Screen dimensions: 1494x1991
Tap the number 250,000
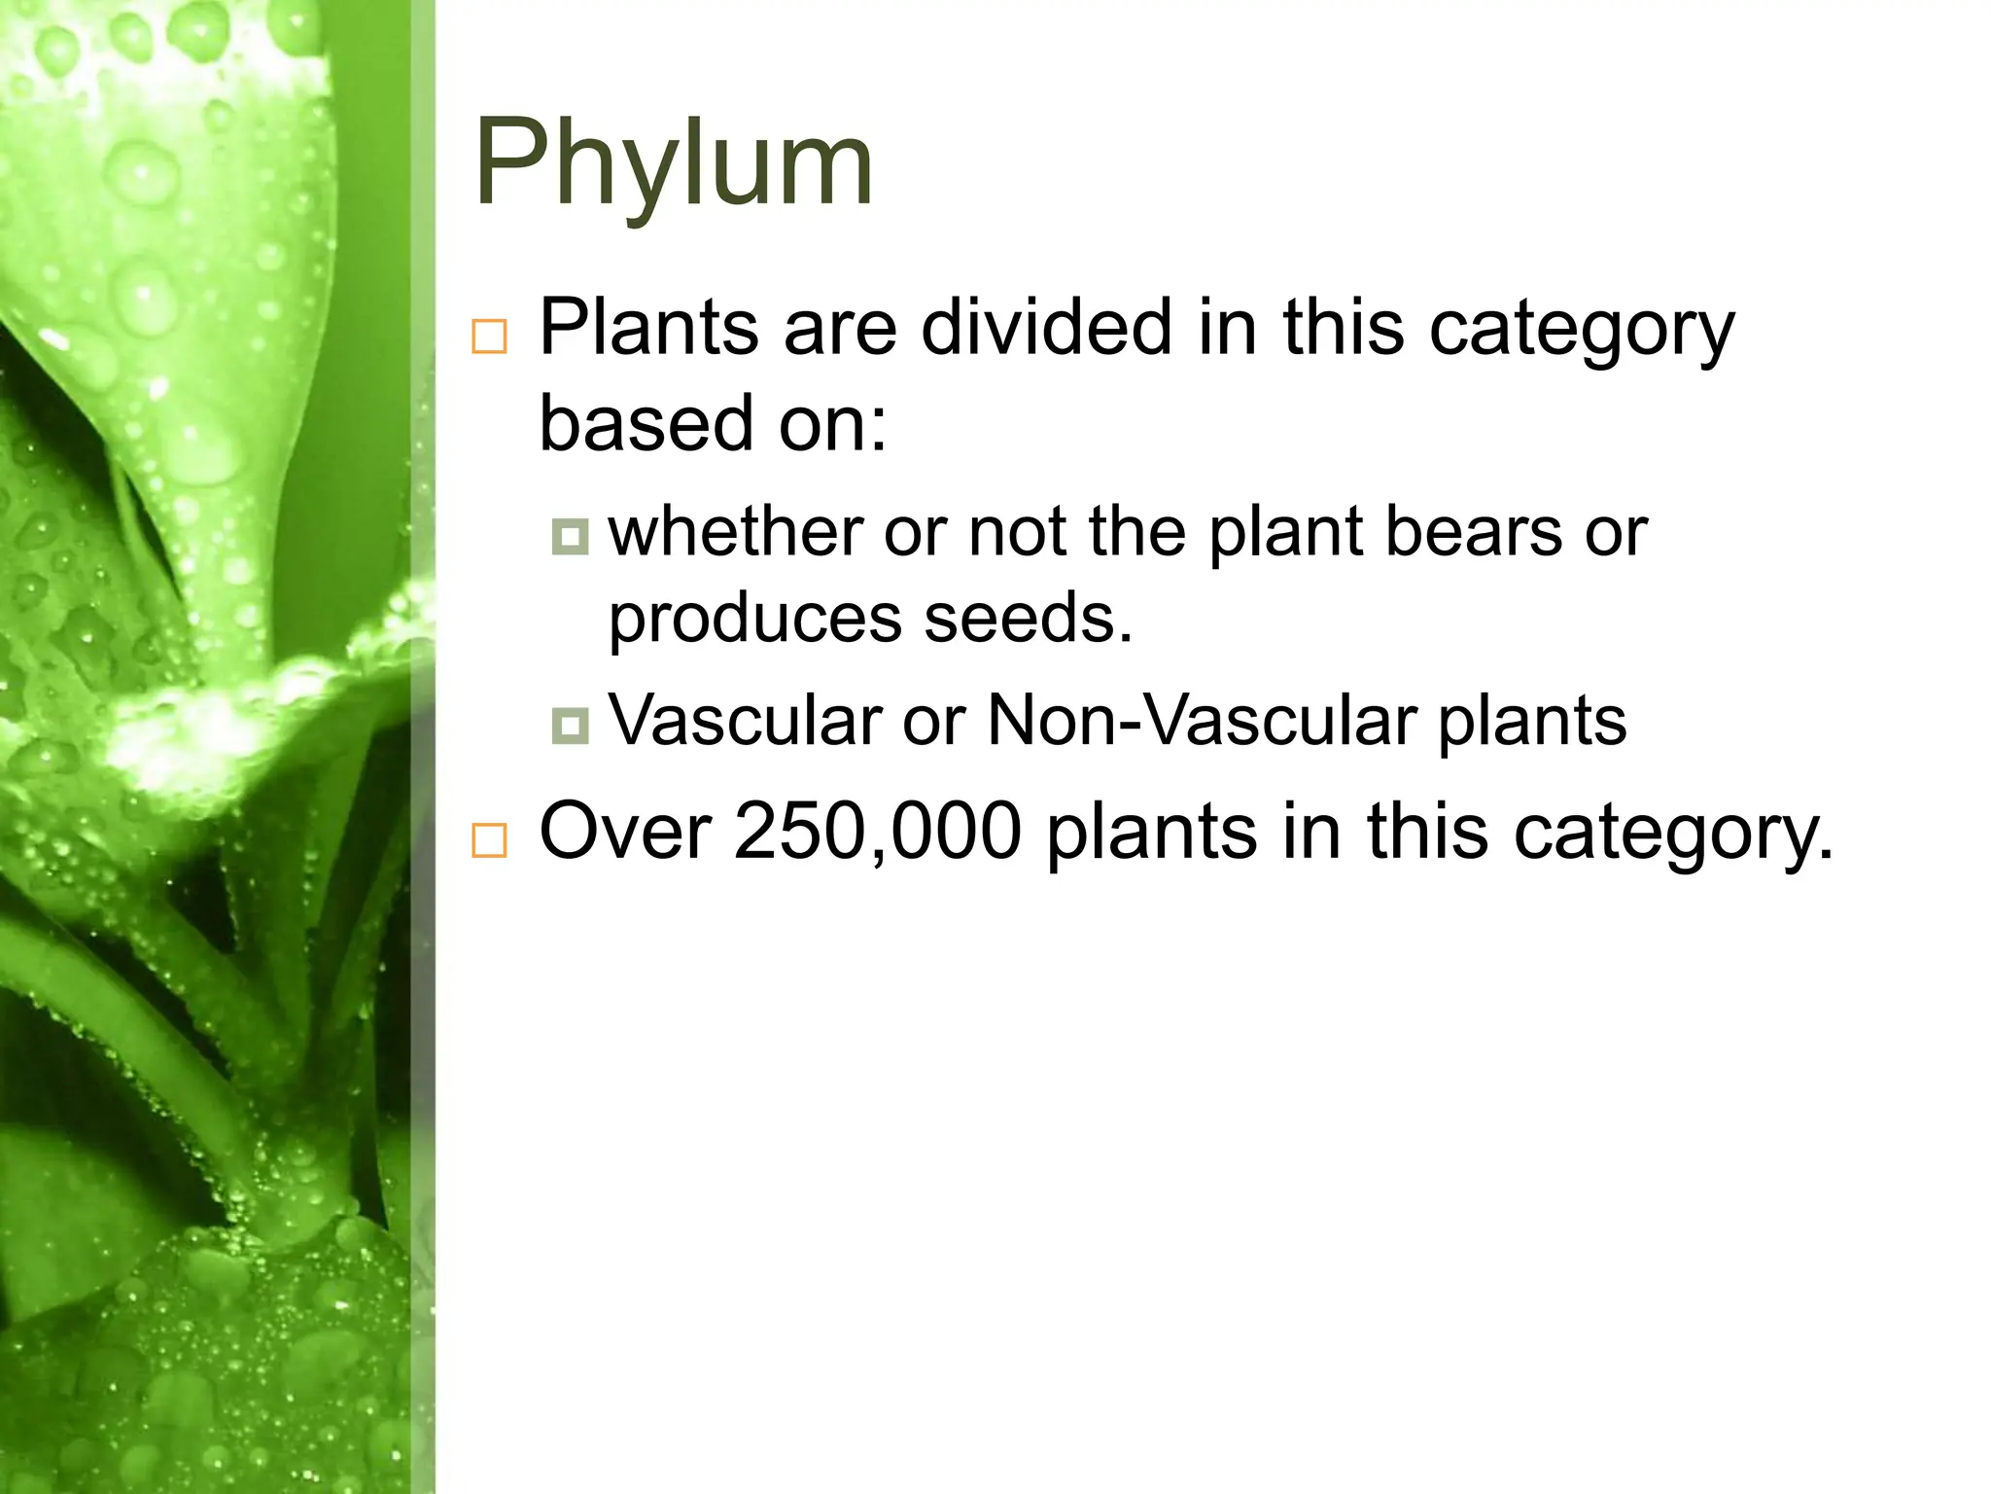click(877, 832)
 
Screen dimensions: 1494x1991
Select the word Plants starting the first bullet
click(648, 328)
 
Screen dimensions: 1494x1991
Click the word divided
click(1046, 328)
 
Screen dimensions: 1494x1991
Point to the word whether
click(734, 533)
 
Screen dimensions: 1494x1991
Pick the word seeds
click(1028, 618)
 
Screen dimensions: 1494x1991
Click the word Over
click(625, 832)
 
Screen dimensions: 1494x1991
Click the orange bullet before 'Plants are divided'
click(489, 337)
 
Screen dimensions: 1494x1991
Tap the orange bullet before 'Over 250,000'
click(489, 840)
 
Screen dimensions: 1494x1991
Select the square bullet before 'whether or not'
click(570, 536)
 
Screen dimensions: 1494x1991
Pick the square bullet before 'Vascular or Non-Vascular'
click(570, 725)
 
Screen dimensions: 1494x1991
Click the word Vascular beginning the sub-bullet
click(745, 721)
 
